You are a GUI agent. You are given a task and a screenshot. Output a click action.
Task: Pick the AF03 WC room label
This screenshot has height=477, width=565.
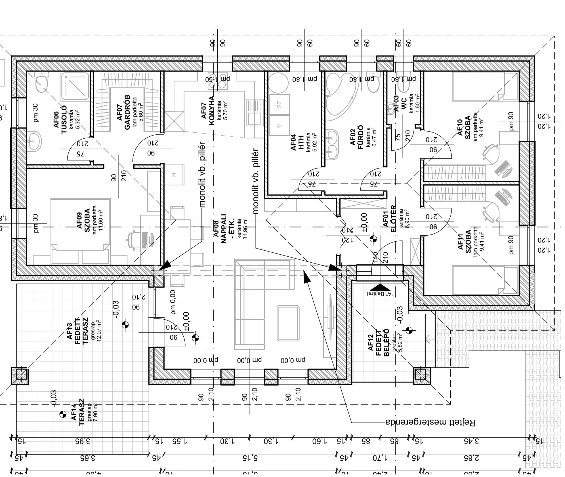pos(400,104)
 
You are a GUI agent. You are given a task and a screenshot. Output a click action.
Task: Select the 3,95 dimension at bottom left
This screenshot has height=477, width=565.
pos(83,441)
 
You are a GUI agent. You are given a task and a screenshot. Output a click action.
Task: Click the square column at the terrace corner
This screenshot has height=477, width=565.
pos(20,375)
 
